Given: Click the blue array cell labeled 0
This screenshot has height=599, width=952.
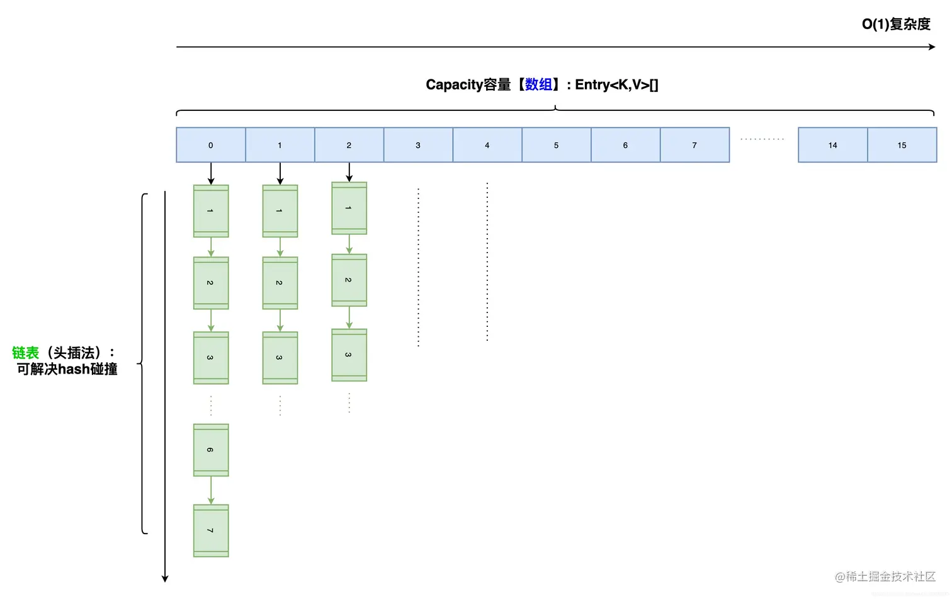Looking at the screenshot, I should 210,145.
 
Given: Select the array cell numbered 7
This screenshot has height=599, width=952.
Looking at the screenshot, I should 694,145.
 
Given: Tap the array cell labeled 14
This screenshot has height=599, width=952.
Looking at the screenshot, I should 832,145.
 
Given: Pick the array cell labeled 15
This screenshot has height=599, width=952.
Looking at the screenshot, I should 902,145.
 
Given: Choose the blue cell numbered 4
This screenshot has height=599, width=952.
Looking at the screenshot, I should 487,145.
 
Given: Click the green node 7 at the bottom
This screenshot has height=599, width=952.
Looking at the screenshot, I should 211,530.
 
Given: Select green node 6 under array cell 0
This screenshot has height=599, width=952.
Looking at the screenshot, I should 211,450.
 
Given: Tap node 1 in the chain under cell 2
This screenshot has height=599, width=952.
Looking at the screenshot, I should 349,208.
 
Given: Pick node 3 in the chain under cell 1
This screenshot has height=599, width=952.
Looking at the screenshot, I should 280,358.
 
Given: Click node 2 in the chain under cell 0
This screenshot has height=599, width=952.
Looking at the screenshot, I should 211,283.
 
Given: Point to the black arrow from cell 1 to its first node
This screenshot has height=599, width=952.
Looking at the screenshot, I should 280,173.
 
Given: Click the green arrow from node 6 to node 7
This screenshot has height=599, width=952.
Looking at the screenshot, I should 211,490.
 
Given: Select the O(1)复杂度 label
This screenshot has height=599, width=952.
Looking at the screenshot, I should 895,24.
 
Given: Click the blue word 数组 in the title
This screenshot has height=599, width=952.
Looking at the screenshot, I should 538,84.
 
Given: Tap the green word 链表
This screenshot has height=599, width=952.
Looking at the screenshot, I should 25,353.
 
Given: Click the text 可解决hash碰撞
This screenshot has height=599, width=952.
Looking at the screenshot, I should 67,369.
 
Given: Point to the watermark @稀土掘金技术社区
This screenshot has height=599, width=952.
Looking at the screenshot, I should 885,576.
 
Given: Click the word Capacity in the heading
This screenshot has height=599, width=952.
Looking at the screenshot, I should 454,84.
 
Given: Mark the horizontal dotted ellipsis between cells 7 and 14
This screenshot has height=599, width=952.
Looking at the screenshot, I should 762,139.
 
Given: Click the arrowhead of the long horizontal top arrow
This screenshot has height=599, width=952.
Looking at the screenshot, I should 932,47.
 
